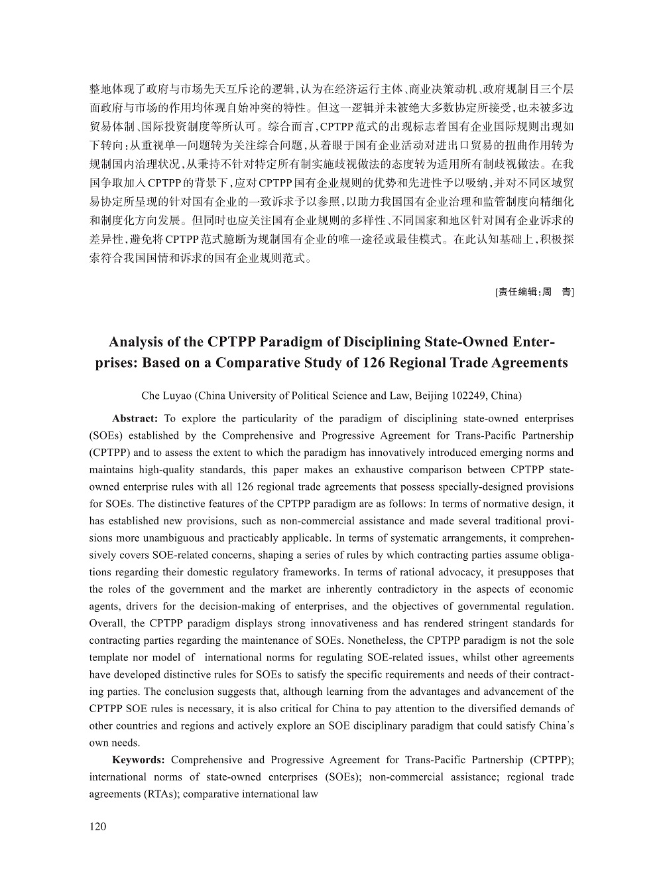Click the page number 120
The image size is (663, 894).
tap(97, 826)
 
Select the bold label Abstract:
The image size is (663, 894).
tap(135, 419)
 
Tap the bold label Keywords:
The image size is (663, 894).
tap(139, 760)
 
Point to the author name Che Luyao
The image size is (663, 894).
tap(166, 396)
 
